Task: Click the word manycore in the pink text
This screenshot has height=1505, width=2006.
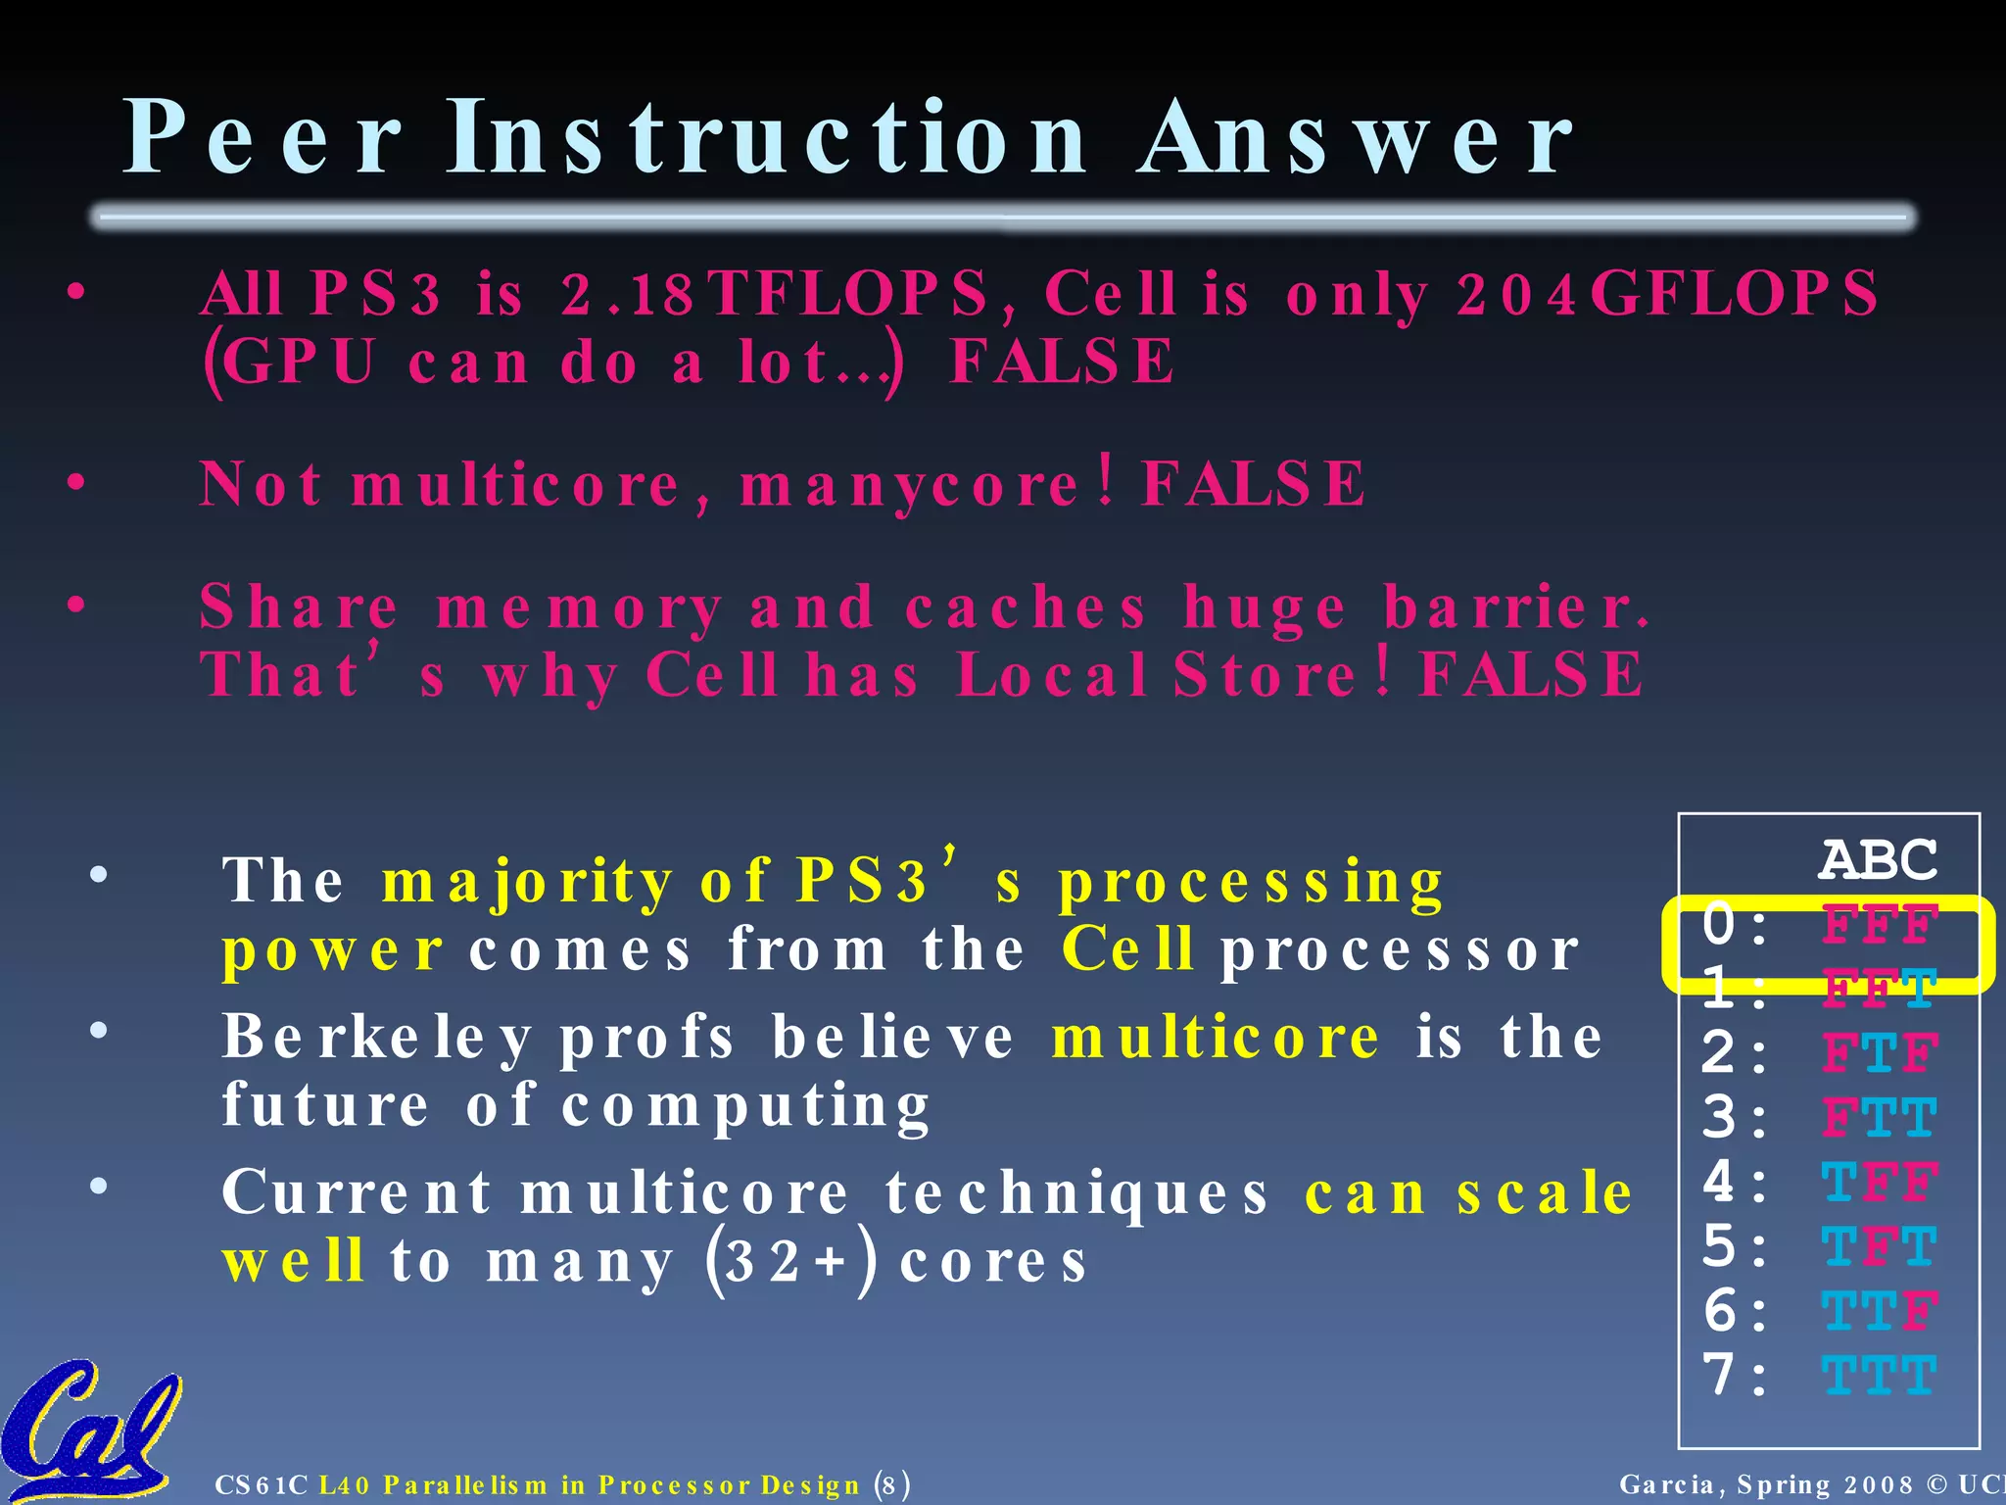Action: click(x=910, y=485)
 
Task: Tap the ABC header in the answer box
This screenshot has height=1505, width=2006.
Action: click(x=1878, y=860)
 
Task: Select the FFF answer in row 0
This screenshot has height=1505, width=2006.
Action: click(x=1879, y=925)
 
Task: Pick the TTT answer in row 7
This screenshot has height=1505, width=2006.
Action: click(x=1879, y=1375)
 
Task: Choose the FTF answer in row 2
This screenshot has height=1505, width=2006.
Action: click(x=1879, y=1053)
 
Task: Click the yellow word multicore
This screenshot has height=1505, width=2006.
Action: click(x=1216, y=1038)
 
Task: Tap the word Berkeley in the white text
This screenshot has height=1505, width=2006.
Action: click(x=378, y=1038)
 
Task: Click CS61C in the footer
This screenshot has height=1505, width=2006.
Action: click(x=262, y=1484)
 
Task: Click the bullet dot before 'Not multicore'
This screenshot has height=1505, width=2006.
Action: click(x=77, y=482)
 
